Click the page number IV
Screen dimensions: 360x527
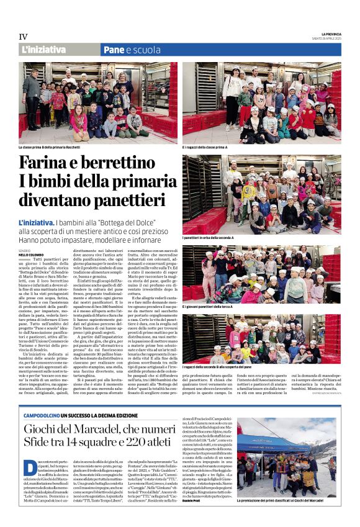pyautogui.click(x=23, y=37)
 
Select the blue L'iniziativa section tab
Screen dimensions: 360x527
pyautogui.click(x=43, y=50)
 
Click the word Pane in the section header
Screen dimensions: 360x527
pyautogui.click(x=113, y=50)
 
